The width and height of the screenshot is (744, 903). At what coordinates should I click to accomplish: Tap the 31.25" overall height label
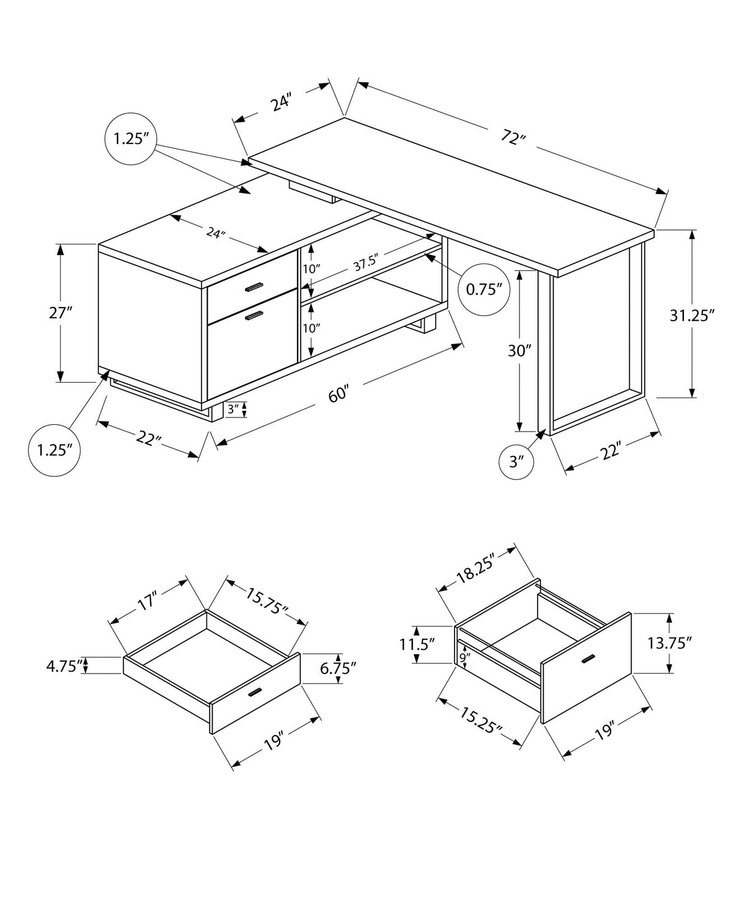point(692,315)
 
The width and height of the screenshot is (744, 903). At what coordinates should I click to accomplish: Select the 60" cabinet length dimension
point(339,395)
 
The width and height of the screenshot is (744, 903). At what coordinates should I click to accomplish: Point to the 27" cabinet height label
point(61,313)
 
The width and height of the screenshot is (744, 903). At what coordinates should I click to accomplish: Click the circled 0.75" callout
point(480,289)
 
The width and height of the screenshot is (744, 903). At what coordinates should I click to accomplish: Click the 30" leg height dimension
point(520,351)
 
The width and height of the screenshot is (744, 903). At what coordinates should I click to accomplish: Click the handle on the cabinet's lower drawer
point(253,316)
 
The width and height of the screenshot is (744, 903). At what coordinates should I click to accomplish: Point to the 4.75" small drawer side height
point(64,667)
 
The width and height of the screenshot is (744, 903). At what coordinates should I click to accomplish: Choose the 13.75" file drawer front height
point(669,643)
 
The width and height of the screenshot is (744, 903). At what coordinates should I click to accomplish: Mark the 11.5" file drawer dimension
point(417,644)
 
